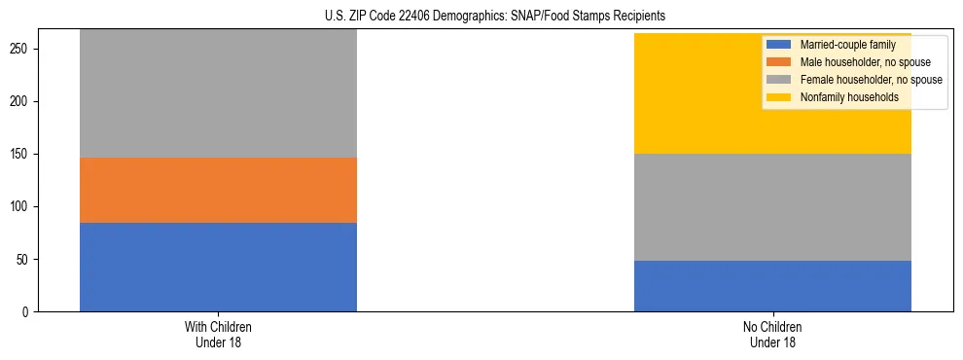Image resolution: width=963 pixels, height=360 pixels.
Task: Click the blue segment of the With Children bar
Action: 218,267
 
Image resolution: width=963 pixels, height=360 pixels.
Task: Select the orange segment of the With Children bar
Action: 218,190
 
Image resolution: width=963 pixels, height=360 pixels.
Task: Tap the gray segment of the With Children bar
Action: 218,93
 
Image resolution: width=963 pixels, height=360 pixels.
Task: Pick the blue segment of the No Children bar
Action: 772,286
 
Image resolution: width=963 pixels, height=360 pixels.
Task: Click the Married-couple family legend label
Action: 847,45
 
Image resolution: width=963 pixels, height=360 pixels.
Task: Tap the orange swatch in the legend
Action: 779,62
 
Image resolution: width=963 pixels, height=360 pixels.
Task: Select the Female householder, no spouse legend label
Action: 871,80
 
